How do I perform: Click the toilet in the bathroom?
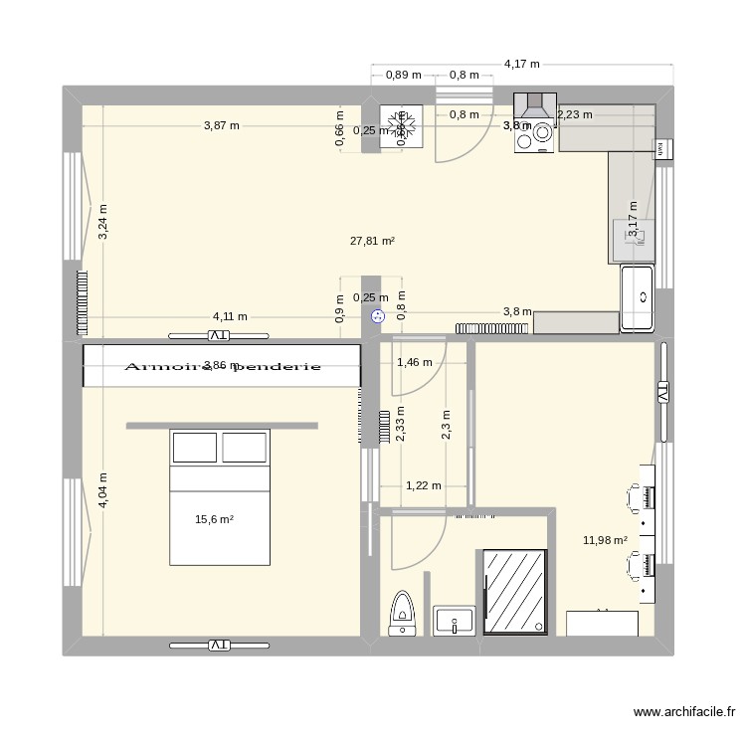tap(402, 612)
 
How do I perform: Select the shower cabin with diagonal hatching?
tap(514, 591)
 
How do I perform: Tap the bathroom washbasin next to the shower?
tap(455, 620)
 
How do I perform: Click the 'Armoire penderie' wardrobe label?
tap(222, 366)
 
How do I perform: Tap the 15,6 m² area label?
tap(214, 518)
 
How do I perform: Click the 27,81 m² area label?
tap(373, 241)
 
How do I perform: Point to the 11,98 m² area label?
tap(605, 540)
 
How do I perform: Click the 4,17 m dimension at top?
tap(521, 64)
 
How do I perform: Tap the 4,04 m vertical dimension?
tap(102, 490)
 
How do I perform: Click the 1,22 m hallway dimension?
tap(423, 485)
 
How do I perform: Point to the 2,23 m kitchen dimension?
tap(575, 114)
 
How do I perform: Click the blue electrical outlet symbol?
tap(377, 317)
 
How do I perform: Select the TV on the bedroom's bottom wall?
tap(219, 646)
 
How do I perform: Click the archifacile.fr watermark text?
tap(684, 713)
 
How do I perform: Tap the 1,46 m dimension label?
tap(414, 362)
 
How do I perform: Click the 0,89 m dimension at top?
tap(403, 75)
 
